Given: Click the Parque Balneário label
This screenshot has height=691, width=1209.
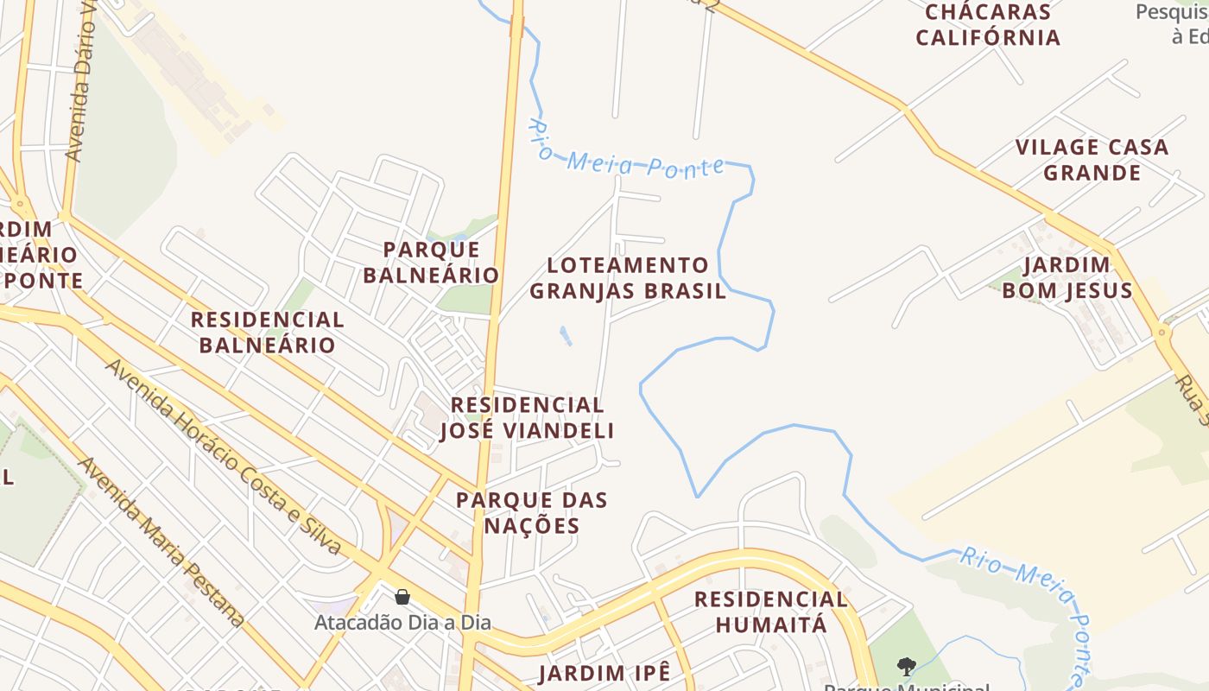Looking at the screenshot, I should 430,263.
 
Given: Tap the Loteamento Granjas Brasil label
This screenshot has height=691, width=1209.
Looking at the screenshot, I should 628,278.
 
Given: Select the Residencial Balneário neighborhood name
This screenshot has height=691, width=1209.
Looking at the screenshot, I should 267,333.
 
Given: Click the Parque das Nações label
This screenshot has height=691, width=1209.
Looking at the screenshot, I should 532,513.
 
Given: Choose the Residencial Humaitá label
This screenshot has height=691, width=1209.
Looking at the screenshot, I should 770,612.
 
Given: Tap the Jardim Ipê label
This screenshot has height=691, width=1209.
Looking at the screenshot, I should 604,674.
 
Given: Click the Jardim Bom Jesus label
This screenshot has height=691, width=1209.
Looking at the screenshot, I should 1067,278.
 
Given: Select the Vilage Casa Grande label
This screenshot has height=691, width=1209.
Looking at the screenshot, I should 1092,160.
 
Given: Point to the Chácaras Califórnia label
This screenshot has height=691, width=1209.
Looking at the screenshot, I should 988,25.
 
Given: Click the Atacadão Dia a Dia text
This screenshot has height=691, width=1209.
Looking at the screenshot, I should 402,622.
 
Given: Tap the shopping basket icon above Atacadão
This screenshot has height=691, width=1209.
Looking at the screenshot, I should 402,597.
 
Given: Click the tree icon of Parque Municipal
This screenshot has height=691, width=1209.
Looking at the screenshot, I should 906,666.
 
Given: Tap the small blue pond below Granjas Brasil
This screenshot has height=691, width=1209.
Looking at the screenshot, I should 565,335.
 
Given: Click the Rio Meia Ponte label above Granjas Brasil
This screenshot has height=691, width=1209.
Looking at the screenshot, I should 627,152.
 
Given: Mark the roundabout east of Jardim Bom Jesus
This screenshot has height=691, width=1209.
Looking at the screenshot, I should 1162,332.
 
